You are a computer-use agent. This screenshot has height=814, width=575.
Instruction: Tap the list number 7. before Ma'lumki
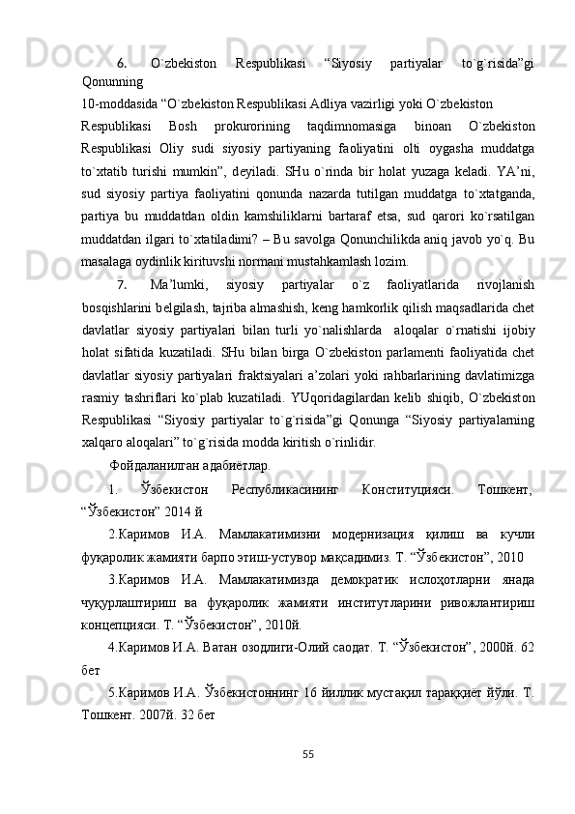point(122,285)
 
